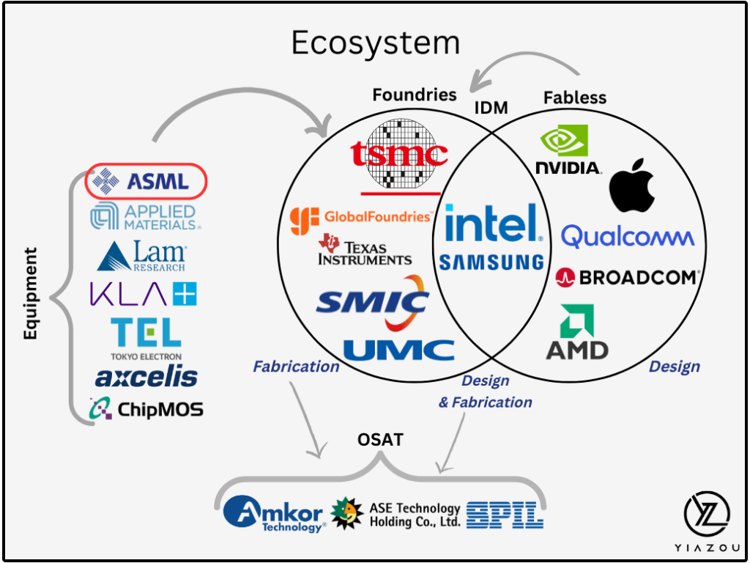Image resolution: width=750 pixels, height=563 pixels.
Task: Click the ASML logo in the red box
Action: pos(146,181)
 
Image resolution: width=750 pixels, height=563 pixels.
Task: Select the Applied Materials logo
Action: pos(145,217)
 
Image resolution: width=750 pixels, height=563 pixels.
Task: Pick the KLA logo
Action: pos(144,294)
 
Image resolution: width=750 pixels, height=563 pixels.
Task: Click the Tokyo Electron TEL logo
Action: pos(146,336)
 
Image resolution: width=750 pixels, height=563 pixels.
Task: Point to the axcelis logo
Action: pos(146,377)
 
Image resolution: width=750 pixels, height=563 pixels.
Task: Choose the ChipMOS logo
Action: pos(146,408)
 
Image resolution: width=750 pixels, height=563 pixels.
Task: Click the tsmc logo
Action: pos(399,155)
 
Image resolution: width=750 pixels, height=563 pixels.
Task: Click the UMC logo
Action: pos(398,350)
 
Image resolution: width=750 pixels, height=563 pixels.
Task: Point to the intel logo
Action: pos(494,224)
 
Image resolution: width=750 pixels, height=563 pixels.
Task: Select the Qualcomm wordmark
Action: pos(628,237)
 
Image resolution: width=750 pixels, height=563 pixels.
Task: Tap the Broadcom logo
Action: pos(628,277)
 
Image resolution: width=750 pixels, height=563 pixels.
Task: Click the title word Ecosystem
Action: pos(375,43)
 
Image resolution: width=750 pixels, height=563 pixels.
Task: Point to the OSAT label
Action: pos(380,441)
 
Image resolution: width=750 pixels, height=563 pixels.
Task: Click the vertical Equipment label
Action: pos(31,293)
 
